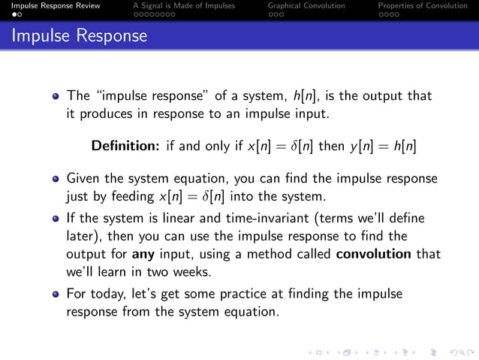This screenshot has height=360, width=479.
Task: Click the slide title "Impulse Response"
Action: pos(80,35)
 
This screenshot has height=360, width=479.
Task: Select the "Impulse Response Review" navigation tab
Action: pos(50,5)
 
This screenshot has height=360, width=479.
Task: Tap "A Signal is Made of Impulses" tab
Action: pos(183,5)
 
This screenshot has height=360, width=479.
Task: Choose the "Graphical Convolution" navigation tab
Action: pos(306,5)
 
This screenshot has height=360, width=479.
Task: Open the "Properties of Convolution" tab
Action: pos(422,5)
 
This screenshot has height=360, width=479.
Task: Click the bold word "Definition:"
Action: pos(125,145)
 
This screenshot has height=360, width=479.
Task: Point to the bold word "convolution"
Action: pos(372,254)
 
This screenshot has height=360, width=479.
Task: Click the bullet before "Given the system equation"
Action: pos(56,180)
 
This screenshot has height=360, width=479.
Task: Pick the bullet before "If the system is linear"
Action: pos(56,219)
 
